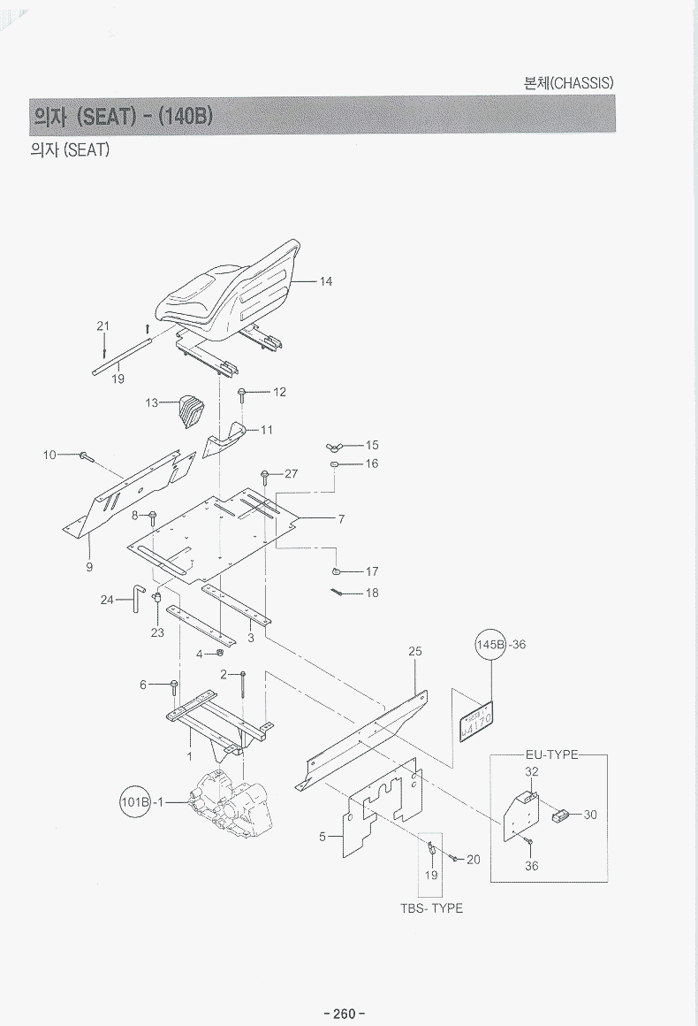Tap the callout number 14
pos(326,281)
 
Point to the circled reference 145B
pos(491,645)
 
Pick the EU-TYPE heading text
pos(550,754)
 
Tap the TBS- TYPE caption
pos(431,908)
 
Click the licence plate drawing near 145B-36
pos(478,719)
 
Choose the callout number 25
pos(415,651)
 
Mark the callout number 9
pos(89,567)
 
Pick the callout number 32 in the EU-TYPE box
pos(532,771)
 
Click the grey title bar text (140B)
pos(185,116)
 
